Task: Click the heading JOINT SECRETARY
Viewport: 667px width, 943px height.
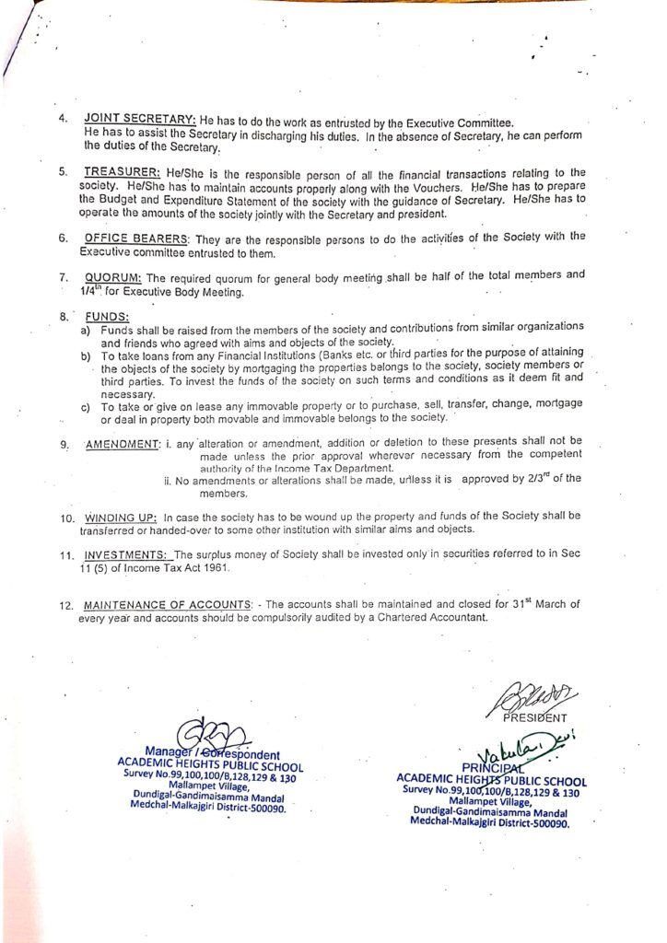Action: tap(139, 121)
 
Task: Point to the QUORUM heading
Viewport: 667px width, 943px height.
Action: tap(112, 276)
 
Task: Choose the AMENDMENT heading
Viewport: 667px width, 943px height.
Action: tap(123, 445)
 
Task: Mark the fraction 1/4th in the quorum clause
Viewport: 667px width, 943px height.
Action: tap(92, 290)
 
